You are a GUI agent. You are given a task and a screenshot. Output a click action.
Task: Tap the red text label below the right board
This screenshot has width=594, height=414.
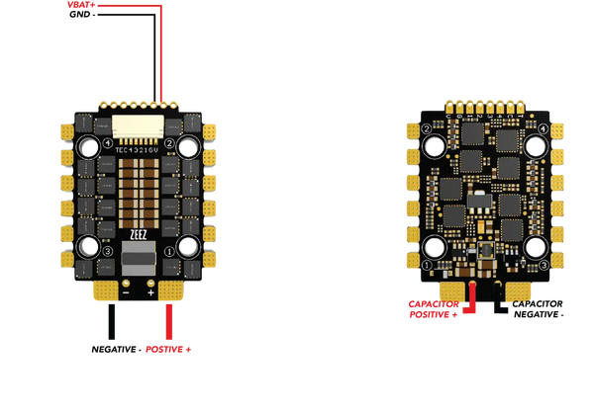(x=432, y=306)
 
